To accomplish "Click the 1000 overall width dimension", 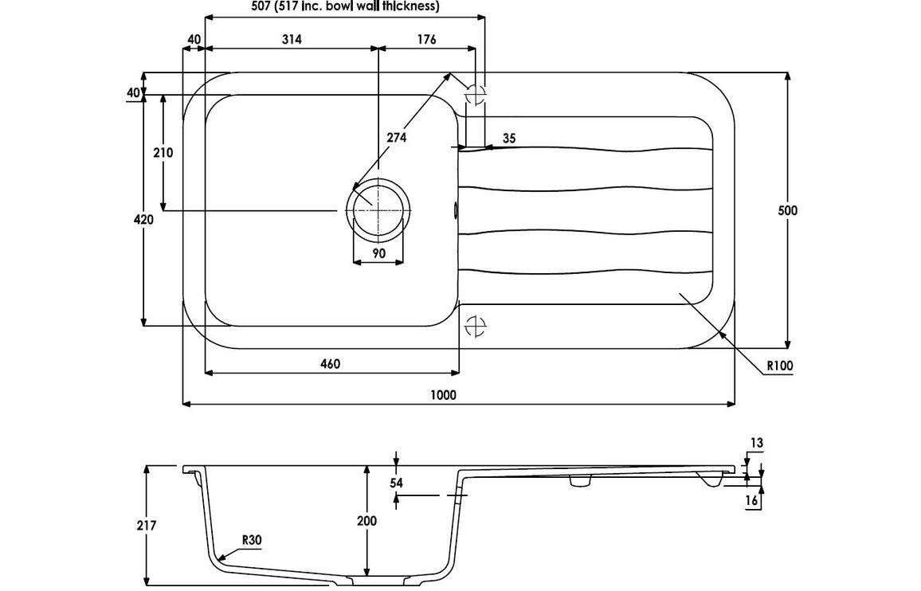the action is point(443,395).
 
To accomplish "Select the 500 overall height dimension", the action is point(788,210).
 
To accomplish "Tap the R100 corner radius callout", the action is point(780,366).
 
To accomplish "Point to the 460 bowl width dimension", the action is point(330,364).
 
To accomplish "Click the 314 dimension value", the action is point(292,39).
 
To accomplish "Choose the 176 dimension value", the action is point(426,39).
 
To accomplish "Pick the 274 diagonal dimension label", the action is point(397,138).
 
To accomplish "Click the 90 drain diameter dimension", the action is point(379,253).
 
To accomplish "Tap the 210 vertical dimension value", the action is point(163,153).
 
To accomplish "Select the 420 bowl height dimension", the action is point(143,220).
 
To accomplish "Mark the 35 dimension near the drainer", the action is point(509,138).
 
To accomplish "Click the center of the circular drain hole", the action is point(378,209).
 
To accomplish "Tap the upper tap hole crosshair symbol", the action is point(475,93).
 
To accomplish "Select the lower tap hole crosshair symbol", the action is point(475,325).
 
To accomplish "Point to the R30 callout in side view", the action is point(251,540).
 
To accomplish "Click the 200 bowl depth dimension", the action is point(367,521).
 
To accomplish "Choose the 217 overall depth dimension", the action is point(146,525).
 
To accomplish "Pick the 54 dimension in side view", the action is point(397,483).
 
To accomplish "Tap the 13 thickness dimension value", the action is point(757,443).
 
